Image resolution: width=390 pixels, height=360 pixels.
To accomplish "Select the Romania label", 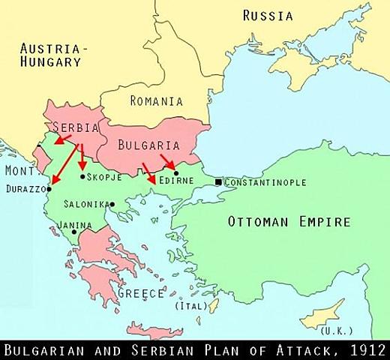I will pos(156,100).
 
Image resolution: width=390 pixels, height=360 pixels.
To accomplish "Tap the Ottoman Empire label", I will pos(289,222).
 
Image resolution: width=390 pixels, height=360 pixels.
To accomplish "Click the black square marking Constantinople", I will pos(217,182).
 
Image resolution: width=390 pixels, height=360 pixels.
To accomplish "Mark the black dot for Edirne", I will pos(175,173).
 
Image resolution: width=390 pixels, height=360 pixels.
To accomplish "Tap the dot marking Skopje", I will pos(82,176).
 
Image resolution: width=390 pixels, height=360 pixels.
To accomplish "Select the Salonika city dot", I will pos(112,204).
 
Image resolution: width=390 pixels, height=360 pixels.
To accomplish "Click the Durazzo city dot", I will pos(49,189).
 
